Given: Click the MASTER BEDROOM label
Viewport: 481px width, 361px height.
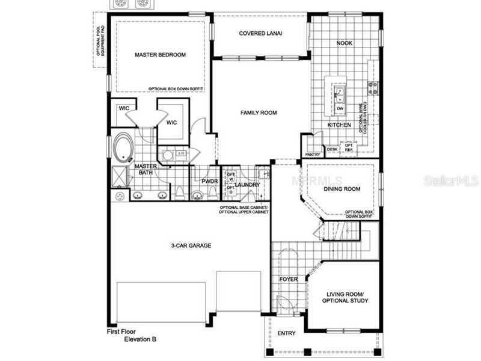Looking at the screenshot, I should click(160, 55).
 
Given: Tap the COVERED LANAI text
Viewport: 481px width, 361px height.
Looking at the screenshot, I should click(261, 33).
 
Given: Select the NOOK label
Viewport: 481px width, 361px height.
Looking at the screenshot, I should click(344, 43).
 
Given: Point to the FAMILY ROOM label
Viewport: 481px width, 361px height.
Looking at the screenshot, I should click(259, 113).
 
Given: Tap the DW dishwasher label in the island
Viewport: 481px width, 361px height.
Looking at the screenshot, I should click(340, 108).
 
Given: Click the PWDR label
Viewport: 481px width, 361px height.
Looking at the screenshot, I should click(209, 181).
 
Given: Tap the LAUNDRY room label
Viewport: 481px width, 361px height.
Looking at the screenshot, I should click(247, 185).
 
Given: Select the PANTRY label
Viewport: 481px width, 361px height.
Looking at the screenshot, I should click(312, 155).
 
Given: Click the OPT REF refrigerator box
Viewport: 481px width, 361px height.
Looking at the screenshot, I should click(348, 146).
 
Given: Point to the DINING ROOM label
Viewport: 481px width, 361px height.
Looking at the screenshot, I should click(342, 189).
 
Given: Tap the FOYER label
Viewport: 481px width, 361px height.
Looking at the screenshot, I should click(288, 280).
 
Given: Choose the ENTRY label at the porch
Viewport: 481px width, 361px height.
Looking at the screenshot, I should click(286, 334).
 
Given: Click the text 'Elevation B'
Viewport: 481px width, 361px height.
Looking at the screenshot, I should click(140, 339).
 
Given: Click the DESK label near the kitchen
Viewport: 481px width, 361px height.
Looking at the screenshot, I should click(332, 149).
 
